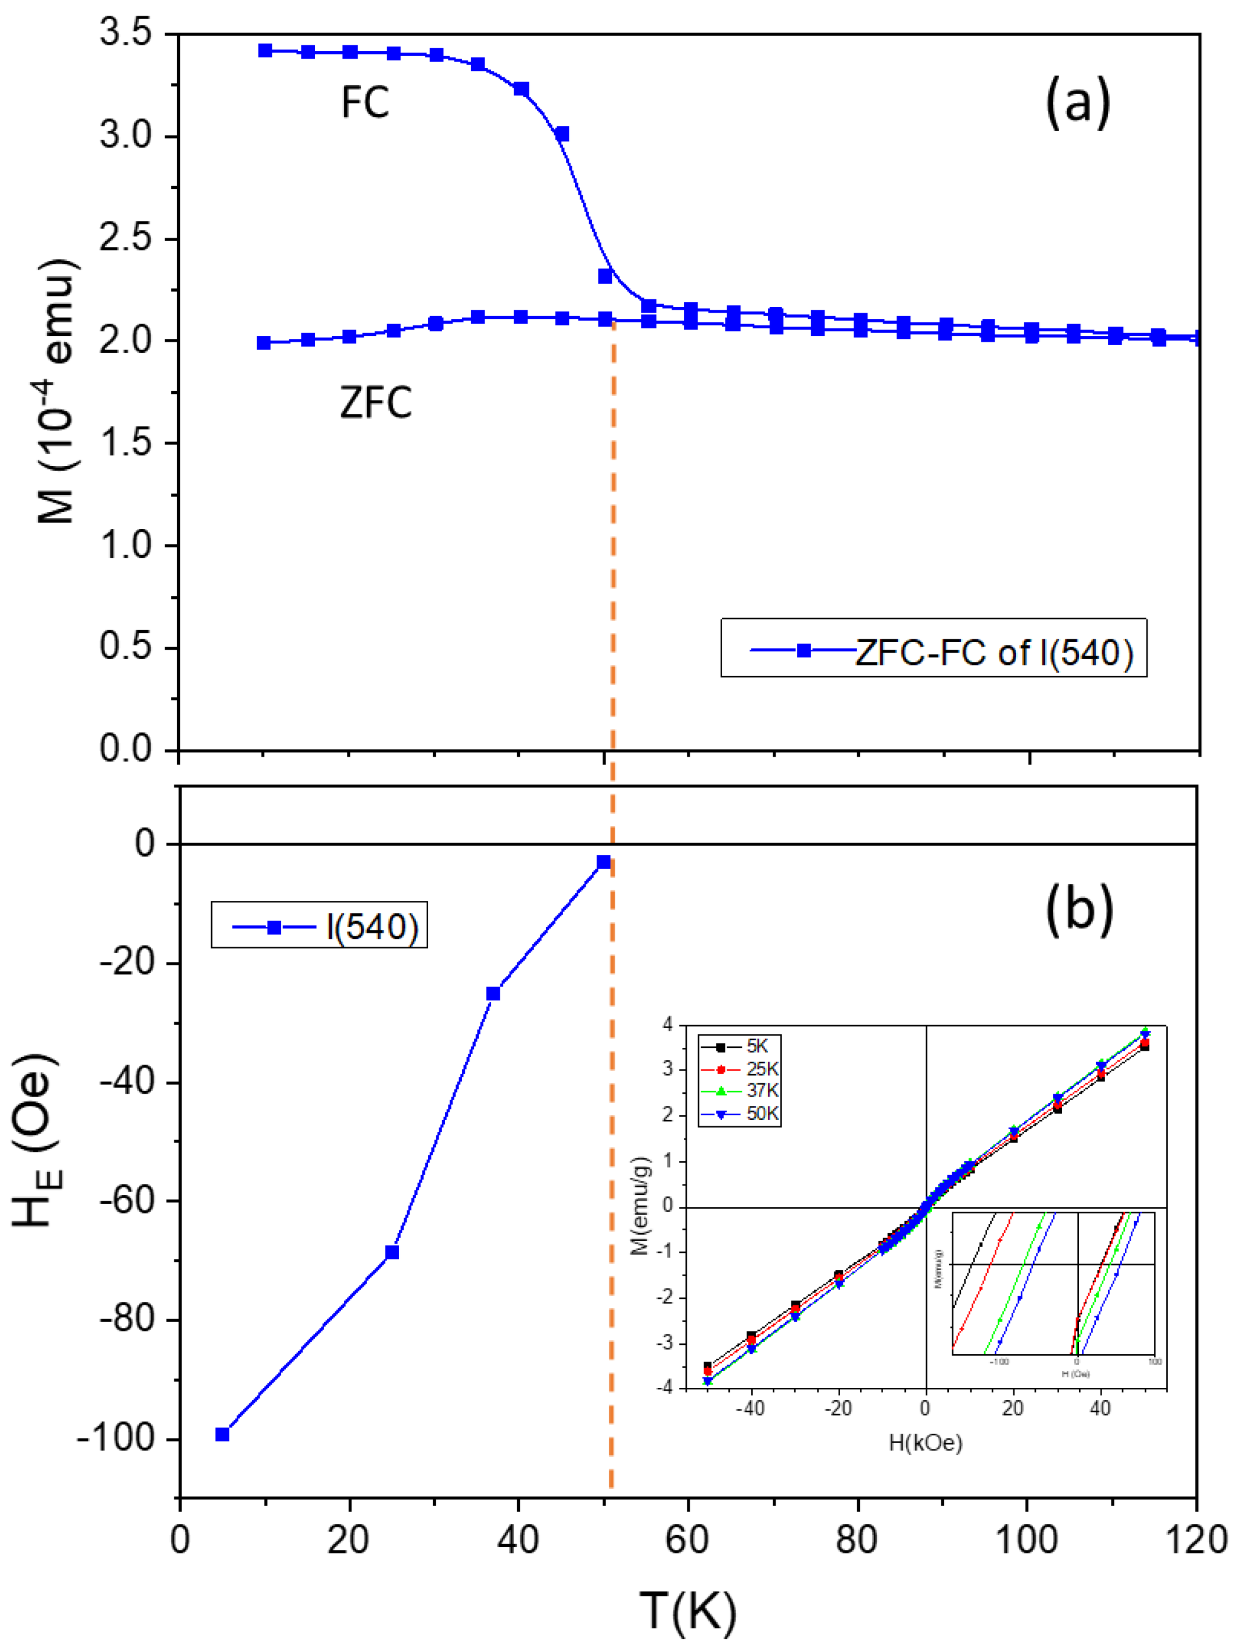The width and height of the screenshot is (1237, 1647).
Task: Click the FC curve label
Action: [365, 102]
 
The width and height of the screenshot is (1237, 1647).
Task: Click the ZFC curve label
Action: [375, 403]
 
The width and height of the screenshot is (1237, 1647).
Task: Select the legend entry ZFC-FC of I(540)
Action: [993, 651]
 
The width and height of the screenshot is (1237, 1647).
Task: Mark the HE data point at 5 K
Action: [222, 1434]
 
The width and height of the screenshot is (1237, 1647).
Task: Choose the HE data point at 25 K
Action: [392, 1252]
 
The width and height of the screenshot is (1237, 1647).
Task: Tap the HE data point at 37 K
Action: [493, 993]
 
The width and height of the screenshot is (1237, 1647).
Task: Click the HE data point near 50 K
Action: [604, 861]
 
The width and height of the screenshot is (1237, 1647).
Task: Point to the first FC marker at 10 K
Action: [265, 51]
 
